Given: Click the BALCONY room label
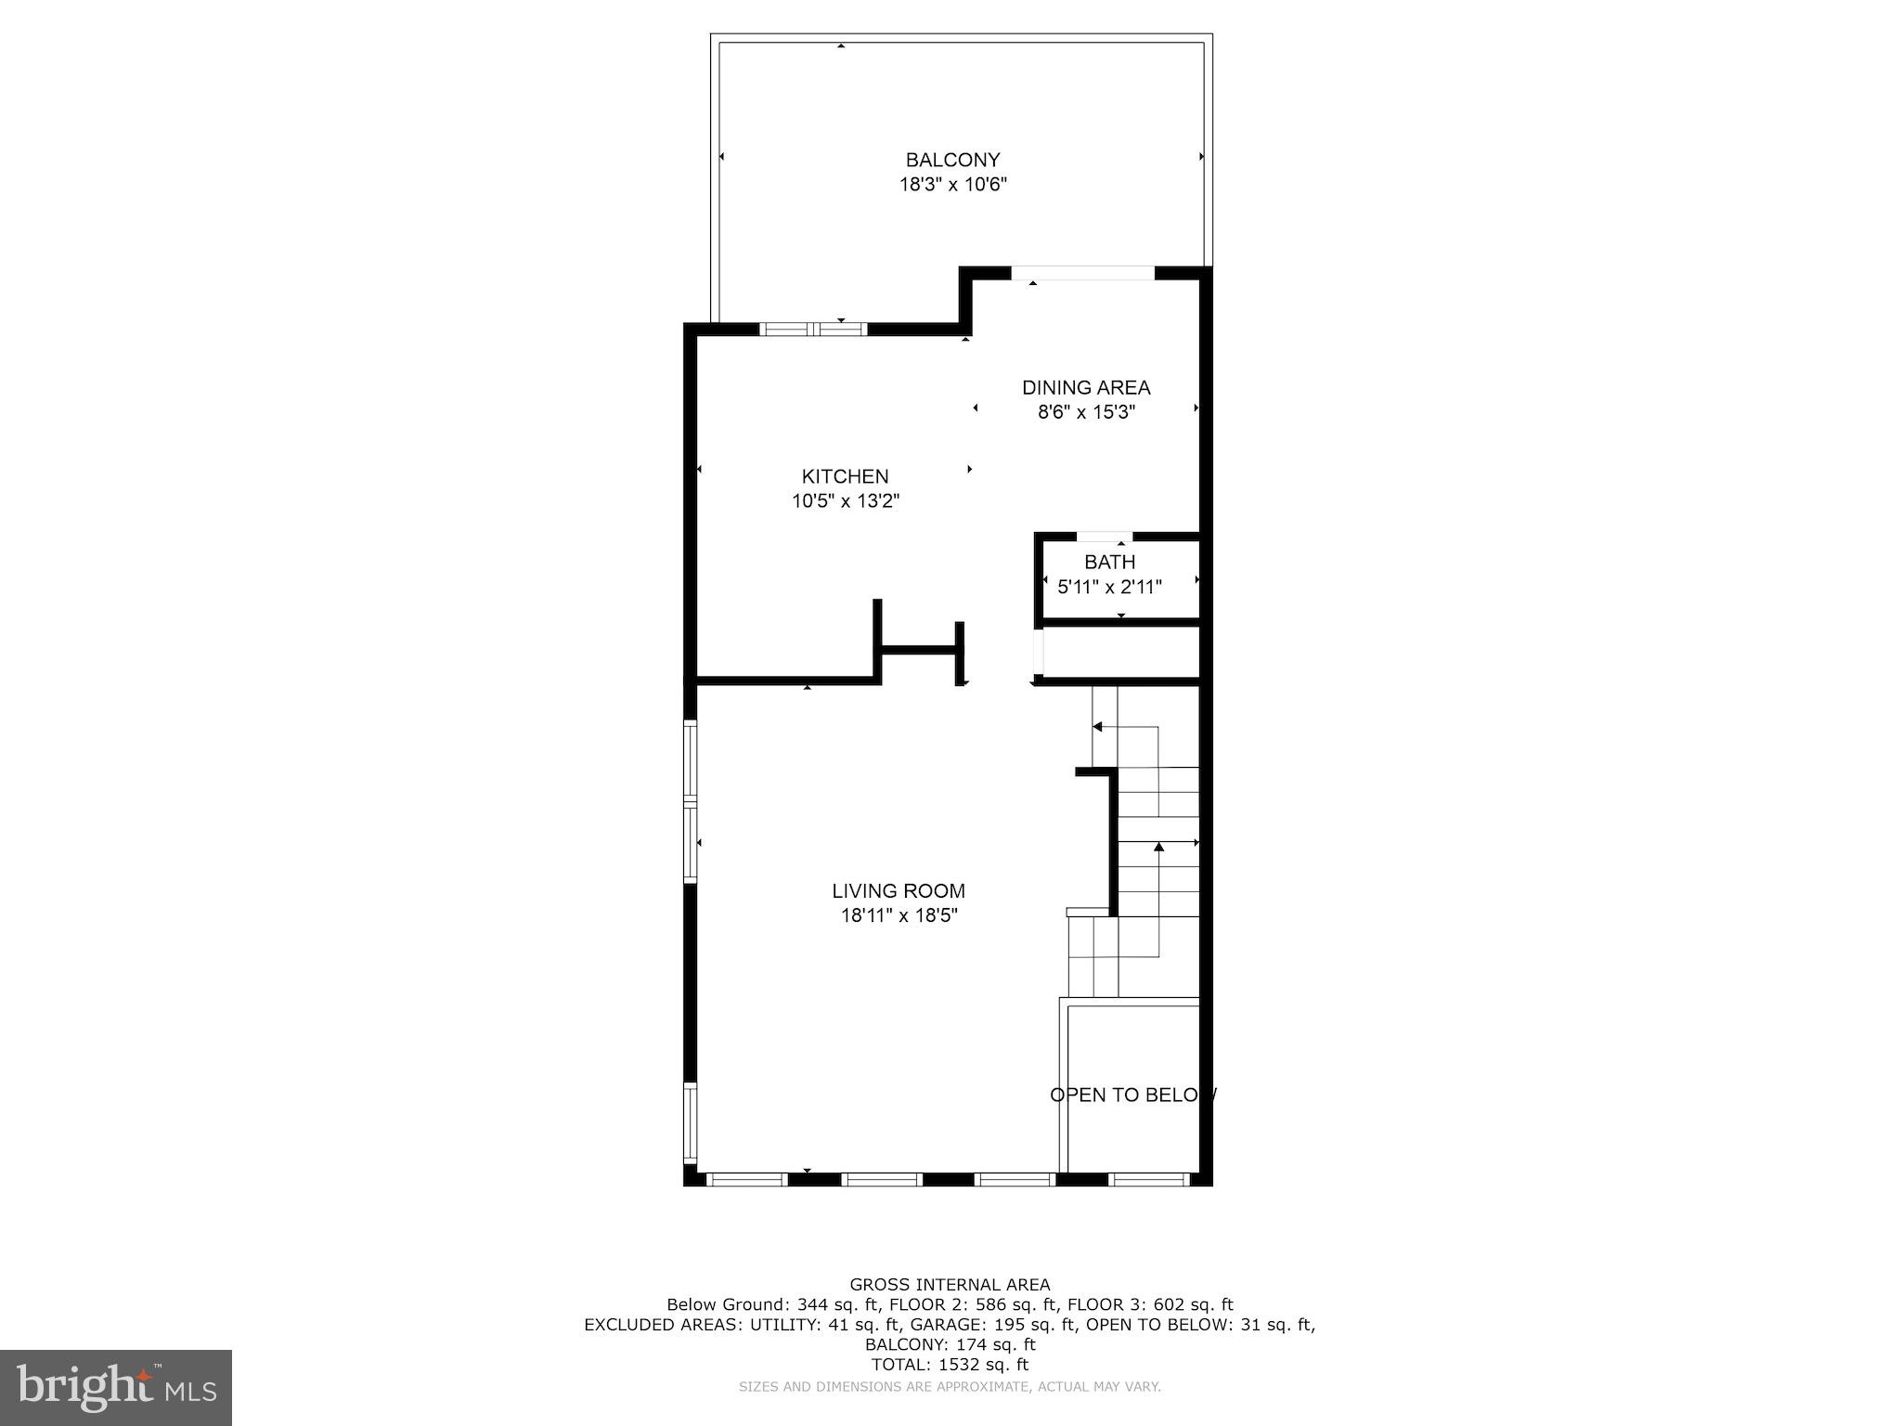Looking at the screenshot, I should tap(952, 160).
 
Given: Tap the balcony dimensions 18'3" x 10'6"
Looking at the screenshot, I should tap(952, 185).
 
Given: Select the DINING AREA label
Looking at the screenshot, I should tap(1086, 387).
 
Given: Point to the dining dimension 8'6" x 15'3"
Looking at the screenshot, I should tap(1086, 412).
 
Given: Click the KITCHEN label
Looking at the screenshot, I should tap(845, 476).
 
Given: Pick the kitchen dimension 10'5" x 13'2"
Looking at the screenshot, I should tap(845, 501).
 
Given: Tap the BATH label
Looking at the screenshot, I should tap(1109, 562).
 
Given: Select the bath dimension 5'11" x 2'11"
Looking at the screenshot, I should tap(1109, 587).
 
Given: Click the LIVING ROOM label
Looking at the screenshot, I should tap(898, 890).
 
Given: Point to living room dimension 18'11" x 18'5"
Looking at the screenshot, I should tap(898, 915).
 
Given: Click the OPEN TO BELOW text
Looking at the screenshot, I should tap(1132, 1095).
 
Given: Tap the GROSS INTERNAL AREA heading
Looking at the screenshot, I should tap(950, 1284).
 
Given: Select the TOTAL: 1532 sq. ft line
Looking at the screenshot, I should tap(950, 1364).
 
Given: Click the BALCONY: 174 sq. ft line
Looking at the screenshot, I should tap(950, 1343).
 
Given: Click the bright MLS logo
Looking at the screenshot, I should tap(115, 1387).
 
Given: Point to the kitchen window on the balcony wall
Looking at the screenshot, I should tap(813, 329).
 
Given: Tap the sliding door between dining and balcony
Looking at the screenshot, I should tap(1082, 273).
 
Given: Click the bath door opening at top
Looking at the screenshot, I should tap(1104, 537).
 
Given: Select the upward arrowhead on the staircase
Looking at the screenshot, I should tap(1158, 847).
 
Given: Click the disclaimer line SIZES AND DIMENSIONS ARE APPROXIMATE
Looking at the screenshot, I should tap(950, 1387).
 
